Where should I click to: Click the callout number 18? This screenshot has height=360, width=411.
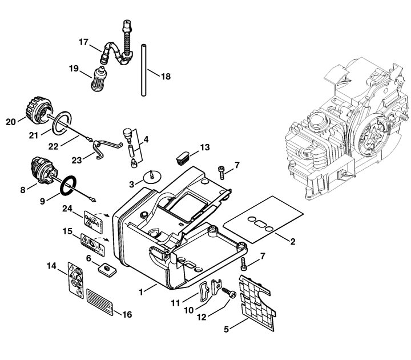[166, 77]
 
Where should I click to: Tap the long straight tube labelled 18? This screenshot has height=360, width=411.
[144, 70]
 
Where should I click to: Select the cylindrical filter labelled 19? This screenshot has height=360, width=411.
[99, 79]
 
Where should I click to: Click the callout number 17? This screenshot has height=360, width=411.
[83, 42]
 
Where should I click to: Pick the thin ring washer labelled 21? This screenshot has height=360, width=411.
[62, 123]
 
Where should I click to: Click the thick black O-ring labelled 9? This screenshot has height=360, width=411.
[68, 186]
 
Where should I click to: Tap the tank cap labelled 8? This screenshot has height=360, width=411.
[43, 171]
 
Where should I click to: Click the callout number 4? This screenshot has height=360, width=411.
[146, 139]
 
